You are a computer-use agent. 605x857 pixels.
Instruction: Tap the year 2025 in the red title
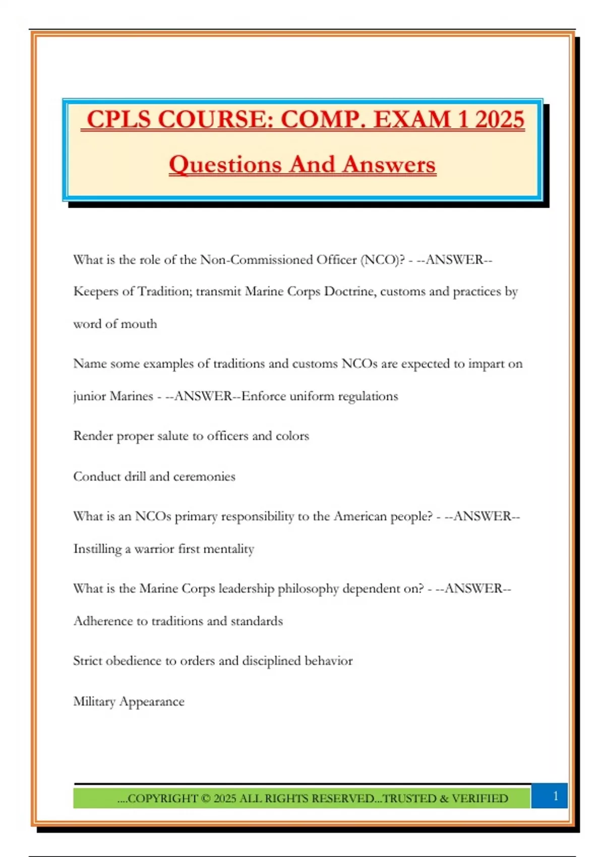(x=499, y=120)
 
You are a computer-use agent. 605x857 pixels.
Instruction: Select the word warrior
(x=154, y=548)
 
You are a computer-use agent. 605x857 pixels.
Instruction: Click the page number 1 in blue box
(x=556, y=796)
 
